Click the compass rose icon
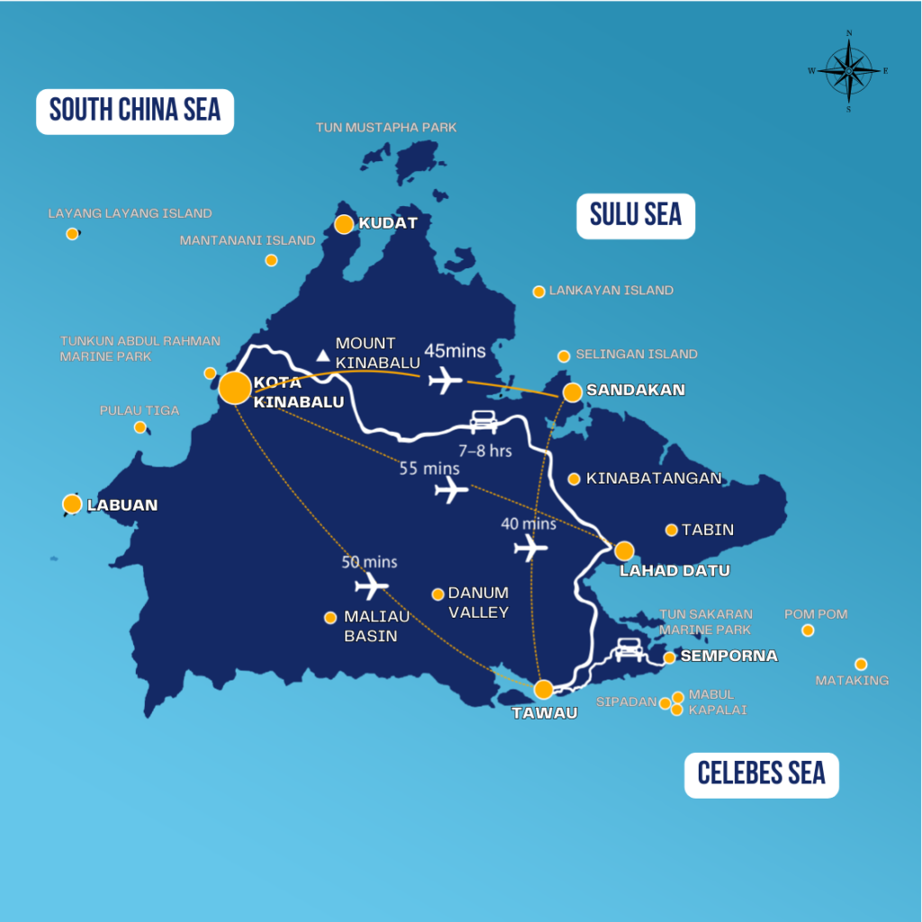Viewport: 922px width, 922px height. point(848,70)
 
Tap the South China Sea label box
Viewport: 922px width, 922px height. point(135,111)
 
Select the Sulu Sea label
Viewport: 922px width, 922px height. point(636,214)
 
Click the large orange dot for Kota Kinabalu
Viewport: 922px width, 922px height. point(235,387)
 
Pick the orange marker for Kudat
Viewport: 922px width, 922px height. point(344,224)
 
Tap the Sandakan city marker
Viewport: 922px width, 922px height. point(573,393)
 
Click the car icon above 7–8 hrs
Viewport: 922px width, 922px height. point(484,420)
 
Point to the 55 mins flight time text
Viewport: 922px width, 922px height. point(429,468)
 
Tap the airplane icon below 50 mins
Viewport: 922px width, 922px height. point(371,587)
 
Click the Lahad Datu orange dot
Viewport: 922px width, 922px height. point(624,550)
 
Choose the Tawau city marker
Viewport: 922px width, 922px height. point(544,690)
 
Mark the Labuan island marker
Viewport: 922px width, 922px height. point(72,504)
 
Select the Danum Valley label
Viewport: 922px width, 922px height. point(478,602)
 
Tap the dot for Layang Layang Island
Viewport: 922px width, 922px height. point(72,234)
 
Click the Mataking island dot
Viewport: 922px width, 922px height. point(861,664)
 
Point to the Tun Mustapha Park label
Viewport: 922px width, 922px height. point(386,128)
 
